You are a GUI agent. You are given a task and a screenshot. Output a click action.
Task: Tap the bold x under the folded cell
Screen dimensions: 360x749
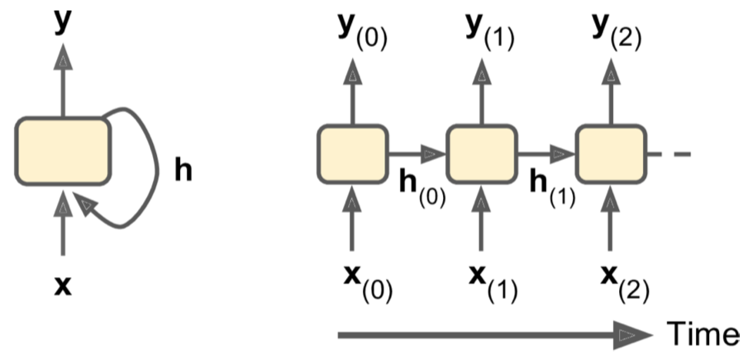pyautogui.click(x=63, y=286)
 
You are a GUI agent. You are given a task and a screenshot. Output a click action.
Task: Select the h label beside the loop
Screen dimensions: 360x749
pyautogui.click(x=182, y=171)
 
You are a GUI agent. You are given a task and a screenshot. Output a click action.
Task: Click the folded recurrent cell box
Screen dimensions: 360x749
pyautogui.click(x=63, y=150)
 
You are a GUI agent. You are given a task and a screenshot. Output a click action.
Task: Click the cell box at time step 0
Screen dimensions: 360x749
pyautogui.click(x=352, y=154)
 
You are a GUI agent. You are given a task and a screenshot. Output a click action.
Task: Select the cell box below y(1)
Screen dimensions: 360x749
pyautogui.click(x=481, y=154)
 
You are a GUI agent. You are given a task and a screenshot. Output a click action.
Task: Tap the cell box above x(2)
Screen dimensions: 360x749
pyautogui.click(x=610, y=154)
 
